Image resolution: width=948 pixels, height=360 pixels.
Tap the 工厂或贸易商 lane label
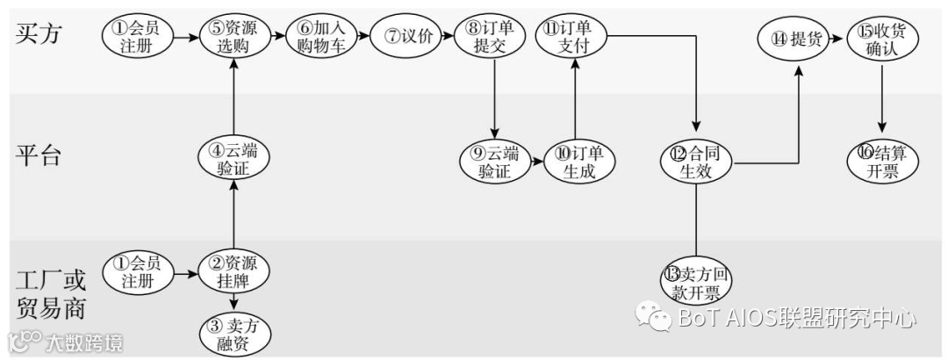coord(52,295)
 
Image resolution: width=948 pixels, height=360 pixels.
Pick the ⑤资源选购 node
coord(233,37)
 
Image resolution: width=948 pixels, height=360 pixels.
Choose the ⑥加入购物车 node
coord(321,37)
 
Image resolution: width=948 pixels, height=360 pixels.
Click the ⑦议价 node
coord(407,36)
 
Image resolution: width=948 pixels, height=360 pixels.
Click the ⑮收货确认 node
coord(881,38)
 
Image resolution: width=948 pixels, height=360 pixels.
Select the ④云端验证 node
coord(233,158)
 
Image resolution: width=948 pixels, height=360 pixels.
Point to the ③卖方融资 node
coord(233,333)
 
